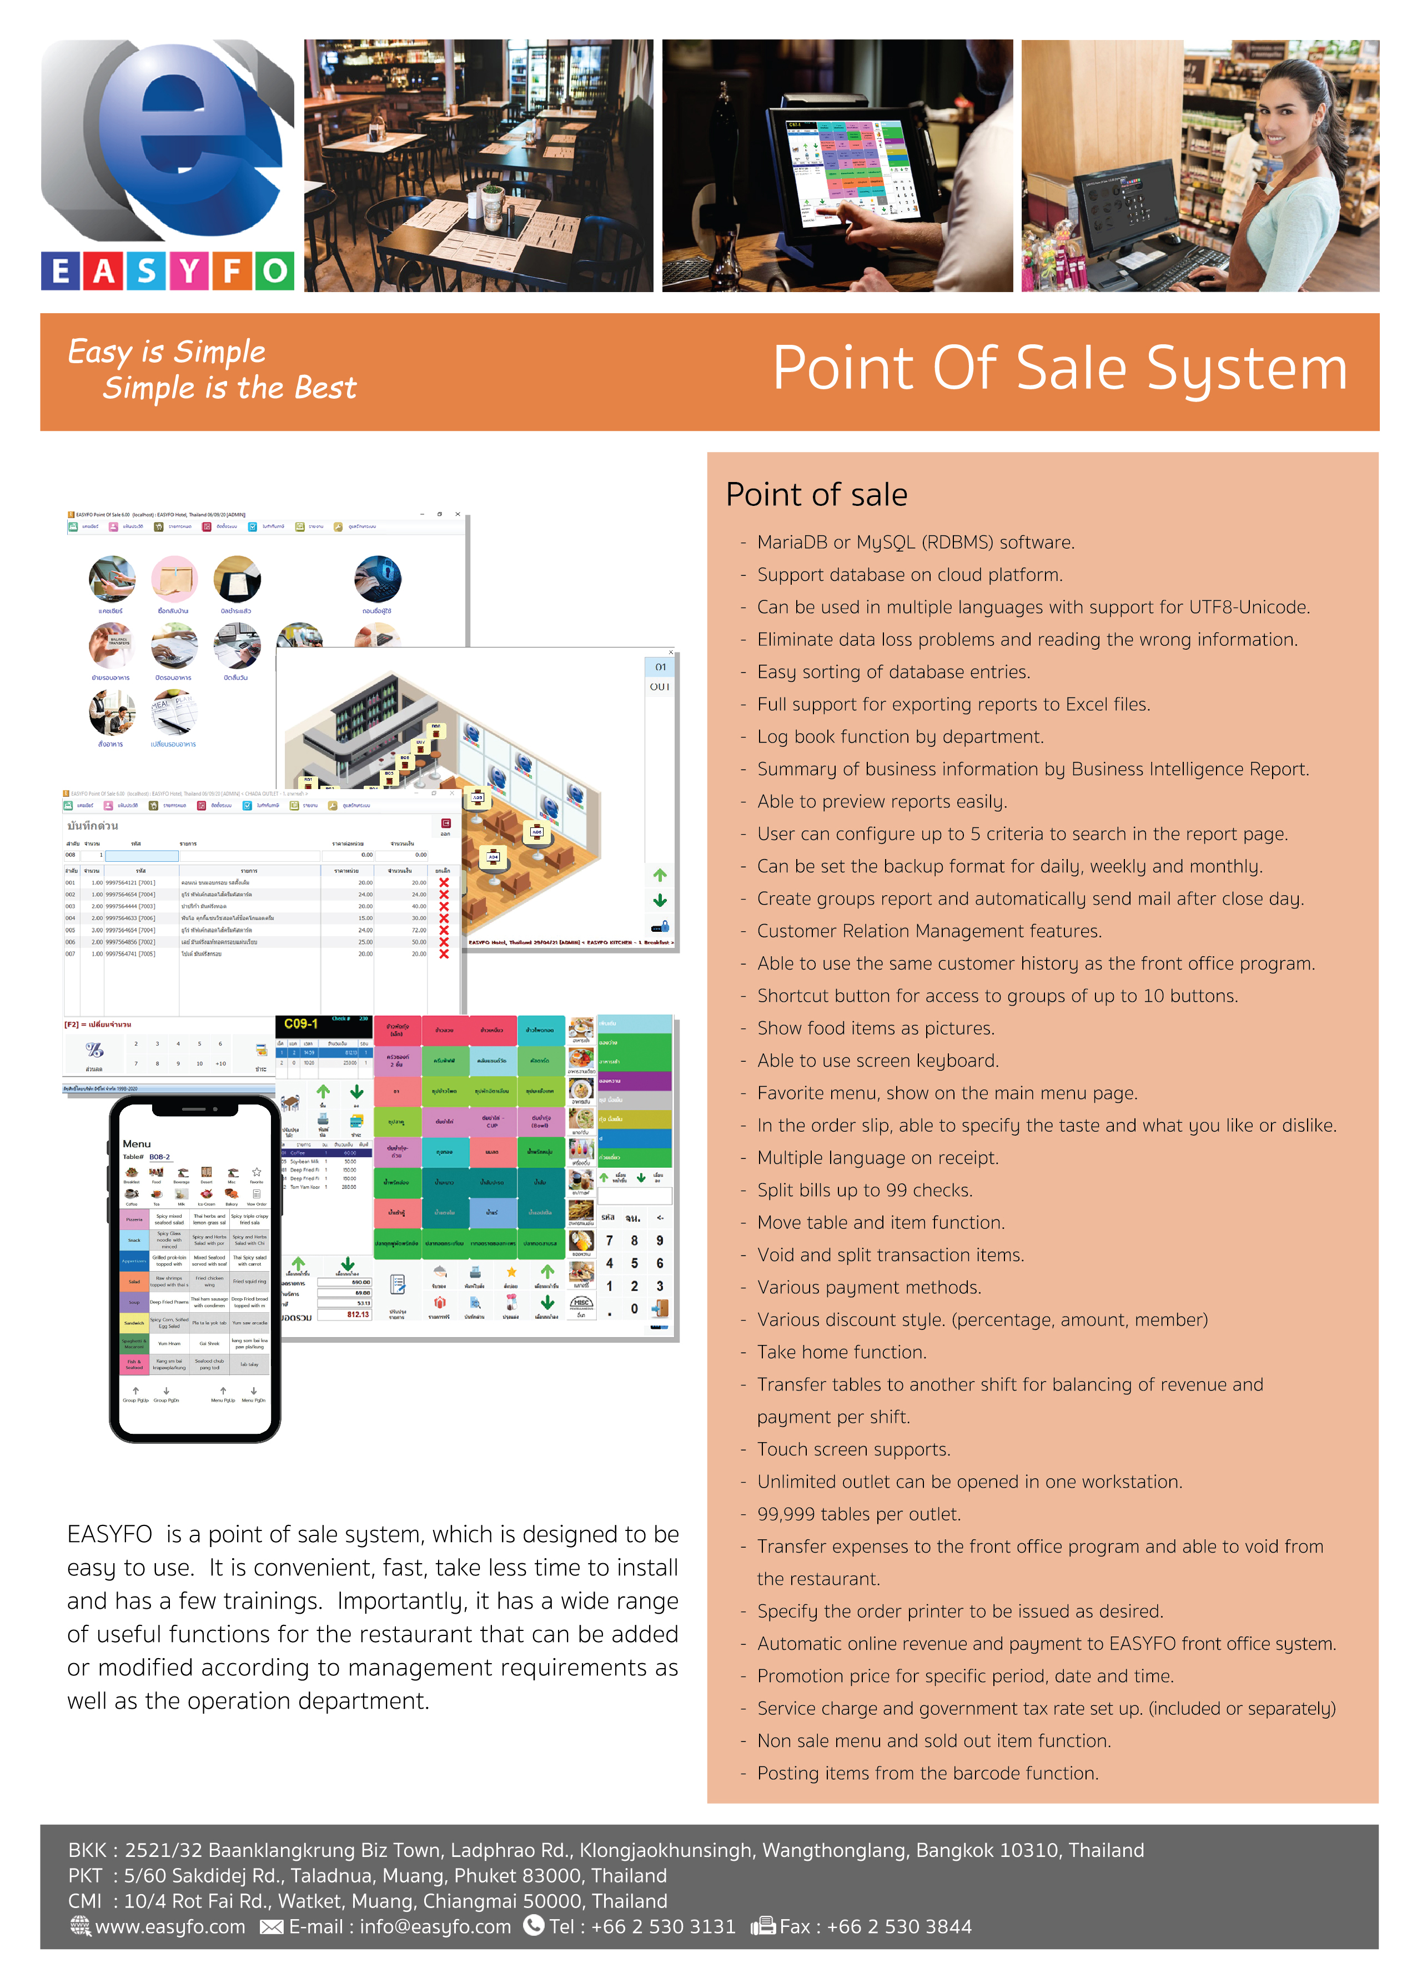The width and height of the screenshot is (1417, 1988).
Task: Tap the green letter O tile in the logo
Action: (274, 272)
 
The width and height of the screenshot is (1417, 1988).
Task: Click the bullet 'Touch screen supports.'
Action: (853, 1449)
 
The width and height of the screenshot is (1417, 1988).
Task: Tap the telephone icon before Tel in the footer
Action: (533, 1925)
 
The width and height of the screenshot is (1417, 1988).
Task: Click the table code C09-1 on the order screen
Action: (301, 1023)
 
